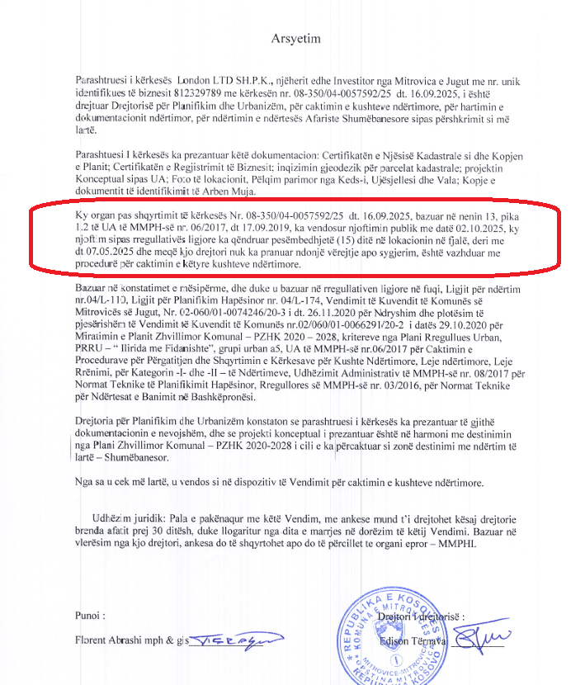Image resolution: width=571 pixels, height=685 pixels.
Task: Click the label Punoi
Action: pyautogui.click(x=90, y=615)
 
